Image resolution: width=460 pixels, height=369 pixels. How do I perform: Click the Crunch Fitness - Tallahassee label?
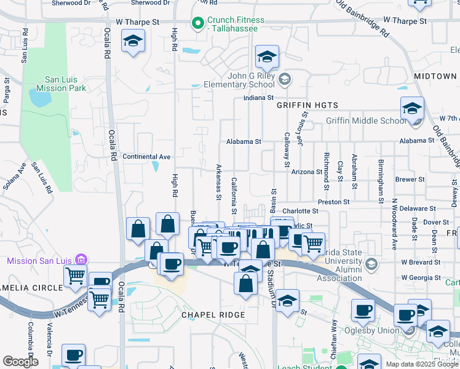[x=236, y=25]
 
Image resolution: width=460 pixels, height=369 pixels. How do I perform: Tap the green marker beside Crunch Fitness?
[x=197, y=24]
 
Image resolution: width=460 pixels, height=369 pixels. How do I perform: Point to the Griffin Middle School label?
[x=366, y=121]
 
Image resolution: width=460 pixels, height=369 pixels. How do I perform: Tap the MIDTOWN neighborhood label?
[x=435, y=76]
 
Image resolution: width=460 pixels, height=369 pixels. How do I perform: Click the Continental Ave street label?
[x=146, y=157]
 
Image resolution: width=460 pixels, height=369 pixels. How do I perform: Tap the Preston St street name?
[x=333, y=202]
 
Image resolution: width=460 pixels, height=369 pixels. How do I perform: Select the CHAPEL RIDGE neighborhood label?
[x=213, y=315]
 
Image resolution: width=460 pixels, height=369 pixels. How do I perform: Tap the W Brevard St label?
[x=422, y=262]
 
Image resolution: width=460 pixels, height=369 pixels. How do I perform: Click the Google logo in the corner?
[x=20, y=362]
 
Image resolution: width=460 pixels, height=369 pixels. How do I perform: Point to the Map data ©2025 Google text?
[x=422, y=364]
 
